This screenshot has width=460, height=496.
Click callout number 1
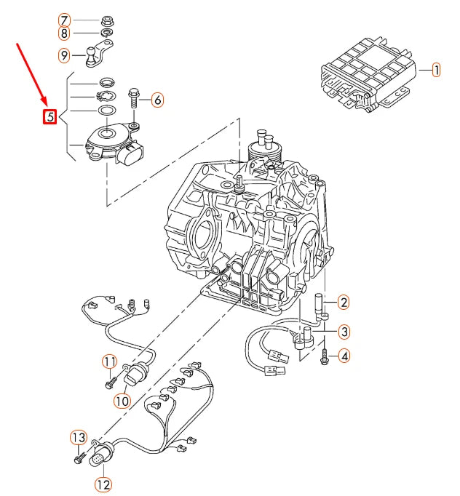click(435, 71)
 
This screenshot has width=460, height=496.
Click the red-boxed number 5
click(49, 116)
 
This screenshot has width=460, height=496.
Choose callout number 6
click(157, 100)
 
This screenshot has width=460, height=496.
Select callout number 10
click(121, 399)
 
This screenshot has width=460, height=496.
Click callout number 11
click(109, 361)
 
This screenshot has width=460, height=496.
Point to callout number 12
click(103, 484)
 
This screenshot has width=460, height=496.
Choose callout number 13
click(78, 437)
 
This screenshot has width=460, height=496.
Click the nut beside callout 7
click(105, 20)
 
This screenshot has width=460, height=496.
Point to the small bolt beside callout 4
click(324, 356)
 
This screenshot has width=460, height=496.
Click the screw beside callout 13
click(78, 459)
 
